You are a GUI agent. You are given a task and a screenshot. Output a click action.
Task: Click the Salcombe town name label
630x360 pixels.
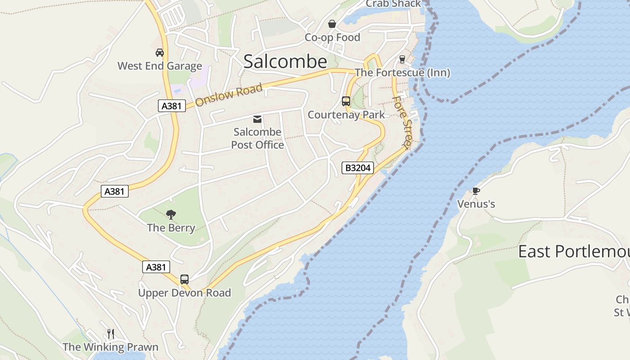pyautogui.click(x=285, y=62)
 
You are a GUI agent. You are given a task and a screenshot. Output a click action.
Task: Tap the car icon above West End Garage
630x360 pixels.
pyautogui.click(x=159, y=53)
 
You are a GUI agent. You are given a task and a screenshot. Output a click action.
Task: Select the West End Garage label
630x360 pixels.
pyautogui.click(x=160, y=66)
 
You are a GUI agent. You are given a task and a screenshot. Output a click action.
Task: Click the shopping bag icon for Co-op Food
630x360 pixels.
pyautogui.click(x=332, y=24)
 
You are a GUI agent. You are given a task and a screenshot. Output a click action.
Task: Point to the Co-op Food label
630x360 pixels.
pyautogui.click(x=333, y=37)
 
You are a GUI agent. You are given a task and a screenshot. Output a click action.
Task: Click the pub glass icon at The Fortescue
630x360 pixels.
pyautogui.click(x=402, y=59)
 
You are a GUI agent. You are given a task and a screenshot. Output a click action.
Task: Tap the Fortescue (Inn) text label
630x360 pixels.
pyautogui.click(x=402, y=72)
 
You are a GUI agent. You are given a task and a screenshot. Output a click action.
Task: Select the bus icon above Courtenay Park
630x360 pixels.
pyautogui.click(x=346, y=101)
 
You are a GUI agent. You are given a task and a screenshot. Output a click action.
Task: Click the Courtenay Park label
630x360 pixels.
pyautogui.click(x=346, y=115)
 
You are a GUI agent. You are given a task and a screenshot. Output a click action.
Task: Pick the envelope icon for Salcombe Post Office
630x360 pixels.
pyautogui.click(x=257, y=119)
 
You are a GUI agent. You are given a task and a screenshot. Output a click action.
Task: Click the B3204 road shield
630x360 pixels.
pyautogui.click(x=357, y=168)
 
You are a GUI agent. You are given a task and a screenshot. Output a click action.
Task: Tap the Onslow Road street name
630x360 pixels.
pyautogui.click(x=229, y=95)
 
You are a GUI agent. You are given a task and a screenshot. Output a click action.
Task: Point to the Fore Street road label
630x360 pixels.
pyautogui.click(x=402, y=122)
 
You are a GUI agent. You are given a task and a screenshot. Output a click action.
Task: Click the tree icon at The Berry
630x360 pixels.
pyautogui.click(x=171, y=215)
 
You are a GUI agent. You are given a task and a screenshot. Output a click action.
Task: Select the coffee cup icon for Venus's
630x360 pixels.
pyautogui.click(x=476, y=191)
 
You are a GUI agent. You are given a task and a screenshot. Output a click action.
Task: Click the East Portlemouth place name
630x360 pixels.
pyautogui.click(x=574, y=252)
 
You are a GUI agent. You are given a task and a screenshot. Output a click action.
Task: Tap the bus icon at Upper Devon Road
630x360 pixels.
pyautogui.click(x=184, y=279)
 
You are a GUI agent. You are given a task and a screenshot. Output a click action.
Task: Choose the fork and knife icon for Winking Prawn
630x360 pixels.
pyautogui.click(x=111, y=333)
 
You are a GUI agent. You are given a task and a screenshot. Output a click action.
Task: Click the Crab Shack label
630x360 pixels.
pyautogui.click(x=393, y=4)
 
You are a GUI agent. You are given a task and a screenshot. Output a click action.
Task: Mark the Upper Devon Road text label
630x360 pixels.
pyautogui.click(x=184, y=293)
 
